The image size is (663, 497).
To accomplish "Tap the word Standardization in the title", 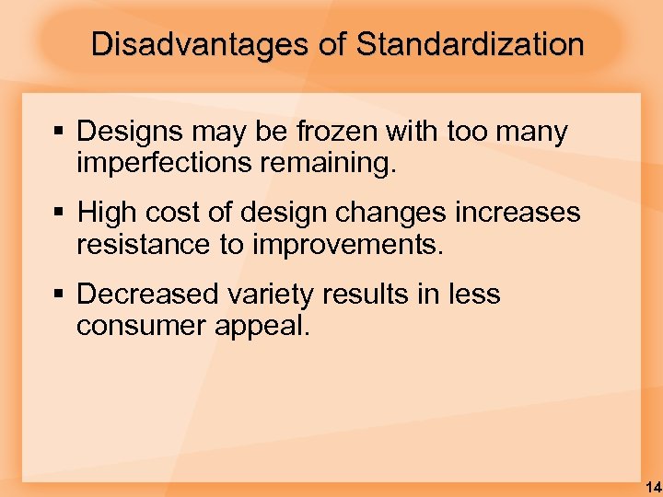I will (x=470, y=44).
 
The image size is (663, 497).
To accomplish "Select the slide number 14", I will (x=652, y=485).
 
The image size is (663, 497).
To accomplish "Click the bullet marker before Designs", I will (x=60, y=133).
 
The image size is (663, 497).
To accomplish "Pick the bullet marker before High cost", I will (x=60, y=214).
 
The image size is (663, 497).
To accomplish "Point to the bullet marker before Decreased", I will (x=60, y=295).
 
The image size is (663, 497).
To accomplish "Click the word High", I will (x=105, y=214).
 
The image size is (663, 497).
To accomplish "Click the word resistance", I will (x=138, y=246).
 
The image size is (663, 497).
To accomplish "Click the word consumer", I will (x=138, y=327).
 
